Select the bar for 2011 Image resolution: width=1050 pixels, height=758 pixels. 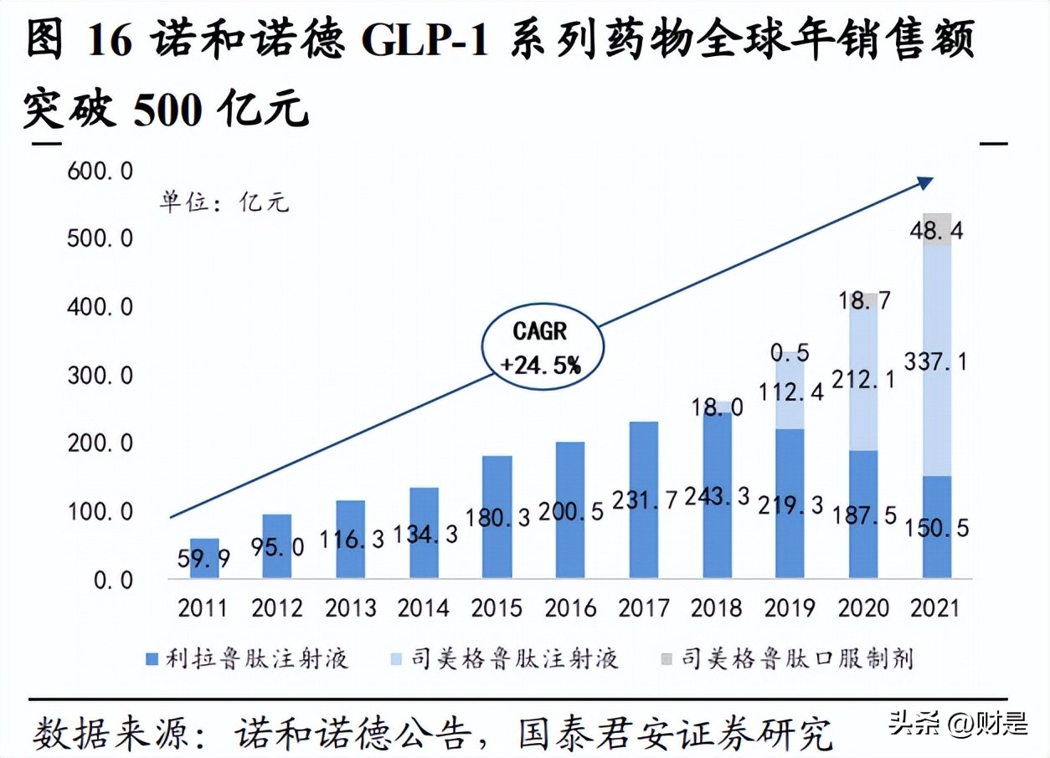pyautogui.click(x=203, y=558)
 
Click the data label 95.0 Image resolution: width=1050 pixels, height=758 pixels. pyautogui.click(x=277, y=545)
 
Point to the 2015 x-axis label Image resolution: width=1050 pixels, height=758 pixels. pyautogui.click(x=497, y=607)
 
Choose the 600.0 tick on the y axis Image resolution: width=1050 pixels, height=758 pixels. pyautogui.click(x=101, y=172)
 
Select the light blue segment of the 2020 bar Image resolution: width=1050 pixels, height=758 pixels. pyautogui.click(x=863, y=376)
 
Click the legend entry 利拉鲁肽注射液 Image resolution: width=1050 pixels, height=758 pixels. pyautogui.click(x=246, y=658)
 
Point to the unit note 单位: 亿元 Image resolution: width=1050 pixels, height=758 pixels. pyautogui.click(x=225, y=202)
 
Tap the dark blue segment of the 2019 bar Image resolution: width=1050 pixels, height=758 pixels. pyautogui.click(x=790, y=502)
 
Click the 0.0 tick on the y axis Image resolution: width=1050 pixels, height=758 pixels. pyautogui.click(x=112, y=580)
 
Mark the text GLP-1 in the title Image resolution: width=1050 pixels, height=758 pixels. pyautogui.click(x=425, y=42)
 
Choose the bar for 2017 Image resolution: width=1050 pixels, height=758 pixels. pyautogui.click(x=644, y=499)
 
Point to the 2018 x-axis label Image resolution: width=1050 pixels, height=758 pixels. pyautogui.click(x=718, y=607)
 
